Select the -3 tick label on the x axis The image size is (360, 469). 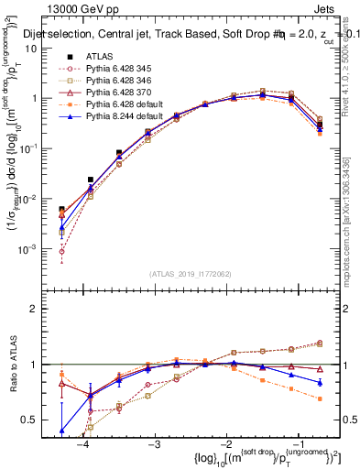(154, 444)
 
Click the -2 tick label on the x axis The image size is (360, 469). (225, 444)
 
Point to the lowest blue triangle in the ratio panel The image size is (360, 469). (61, 430)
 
